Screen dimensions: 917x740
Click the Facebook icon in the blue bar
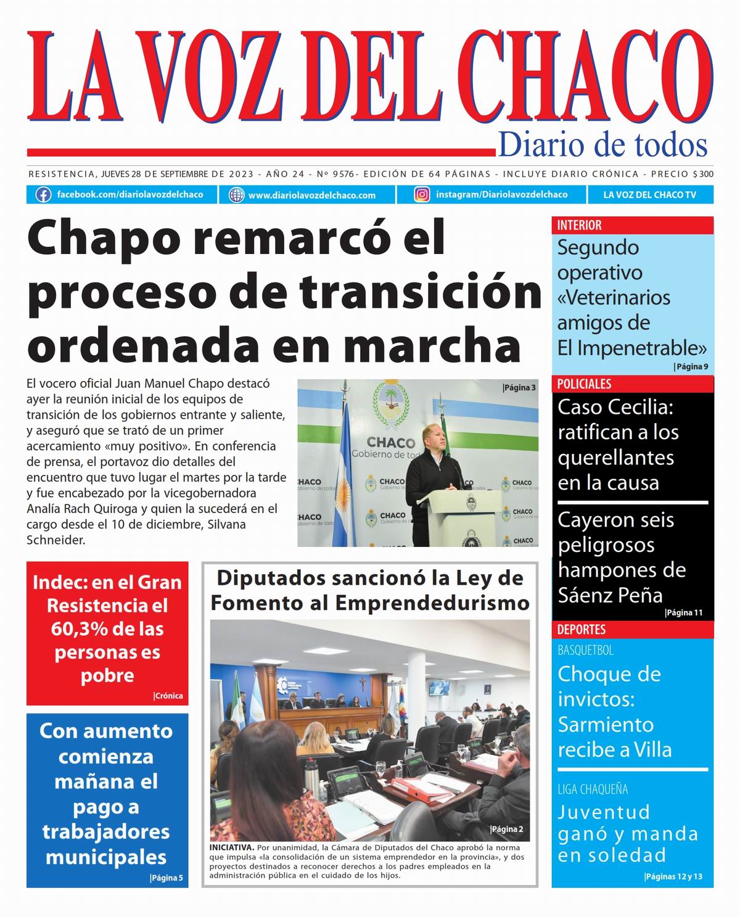[x=43, y=195]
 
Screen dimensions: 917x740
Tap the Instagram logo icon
[x=422, y=195]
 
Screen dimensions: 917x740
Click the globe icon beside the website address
[x=236, y=195]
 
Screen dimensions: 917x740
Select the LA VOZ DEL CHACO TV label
[x=649, y=195]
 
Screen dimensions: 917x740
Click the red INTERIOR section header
[x=579, y=225]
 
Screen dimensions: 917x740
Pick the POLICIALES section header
[x=584, y=384]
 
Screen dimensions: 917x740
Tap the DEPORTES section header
[x=581, y=630]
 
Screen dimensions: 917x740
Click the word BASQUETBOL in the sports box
[x=585, y=650]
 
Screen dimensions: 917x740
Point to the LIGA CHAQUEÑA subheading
[x=593, y=789]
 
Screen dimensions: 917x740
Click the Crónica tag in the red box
[x=168, y=696]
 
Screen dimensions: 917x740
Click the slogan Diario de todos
[x=602, y=145]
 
